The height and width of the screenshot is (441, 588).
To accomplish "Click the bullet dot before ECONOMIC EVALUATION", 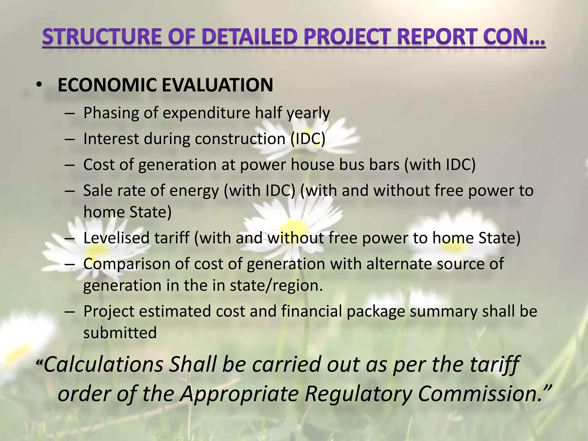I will [39, 85].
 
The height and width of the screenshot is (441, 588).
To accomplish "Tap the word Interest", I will [111, 139].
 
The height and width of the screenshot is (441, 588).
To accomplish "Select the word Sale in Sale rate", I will [97, 191].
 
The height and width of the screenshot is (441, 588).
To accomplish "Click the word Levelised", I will [117, 238].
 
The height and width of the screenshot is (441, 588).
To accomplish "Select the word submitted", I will [120, 333].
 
